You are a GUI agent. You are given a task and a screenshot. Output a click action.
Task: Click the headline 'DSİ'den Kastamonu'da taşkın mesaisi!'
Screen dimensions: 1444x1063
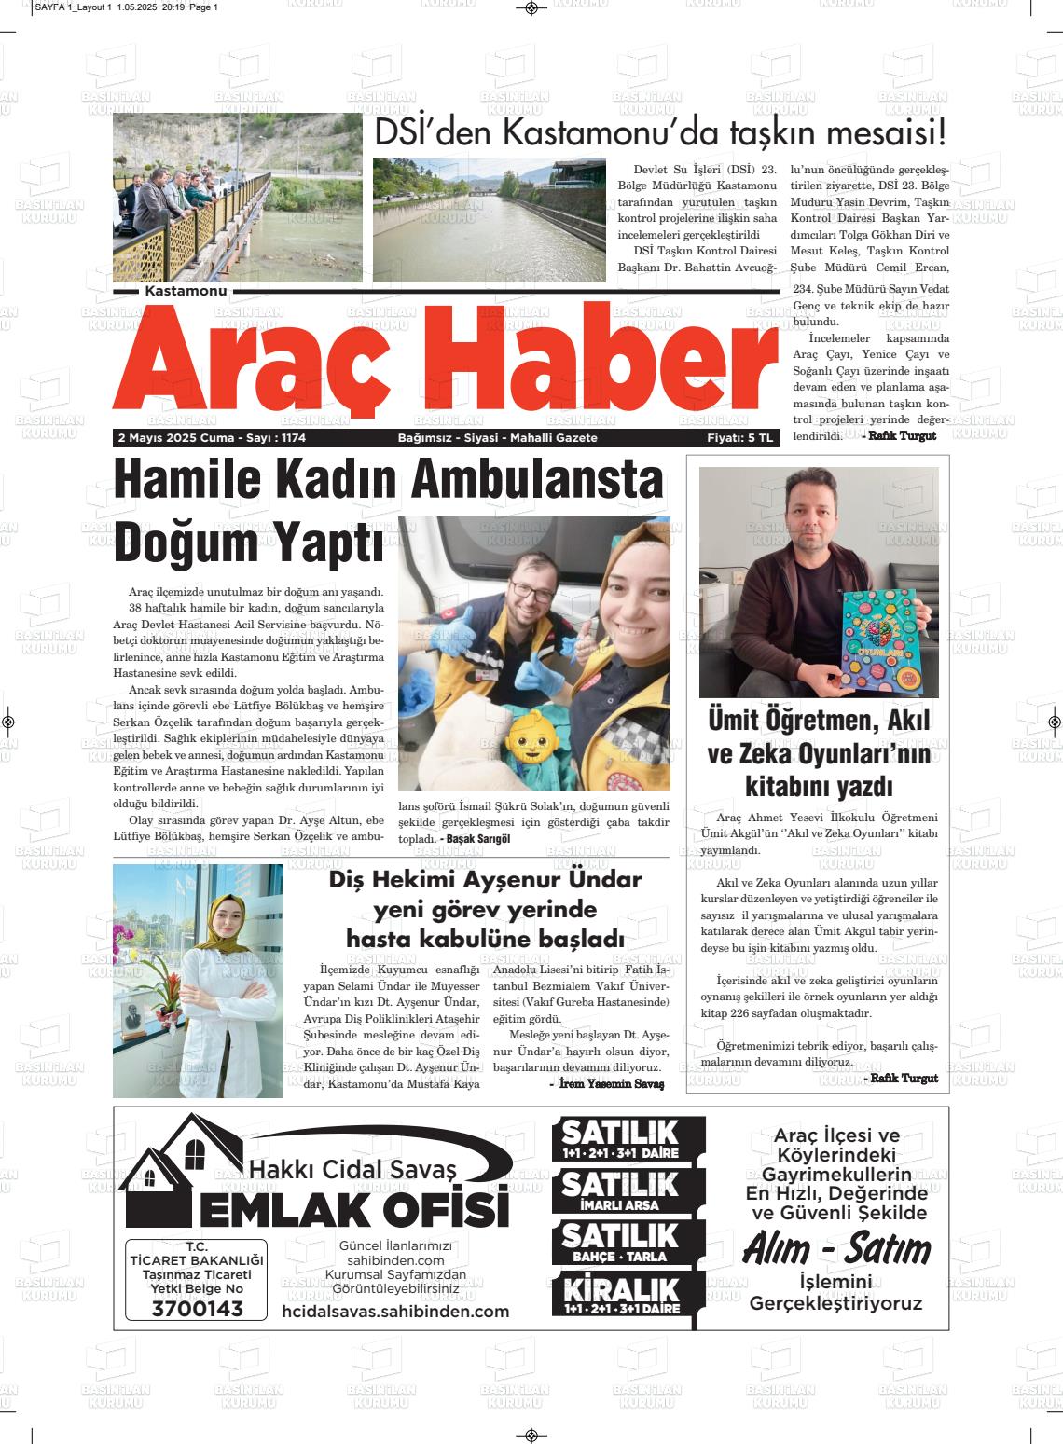659,133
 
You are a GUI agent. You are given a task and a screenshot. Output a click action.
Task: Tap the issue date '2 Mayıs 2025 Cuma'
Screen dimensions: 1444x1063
175,438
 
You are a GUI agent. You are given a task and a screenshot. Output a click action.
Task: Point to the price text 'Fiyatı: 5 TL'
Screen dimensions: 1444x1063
740,438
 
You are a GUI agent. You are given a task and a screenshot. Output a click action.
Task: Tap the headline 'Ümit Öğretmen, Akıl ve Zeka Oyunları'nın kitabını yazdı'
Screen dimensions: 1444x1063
819,752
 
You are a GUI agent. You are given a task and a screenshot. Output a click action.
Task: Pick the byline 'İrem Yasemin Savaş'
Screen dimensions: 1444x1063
612,1084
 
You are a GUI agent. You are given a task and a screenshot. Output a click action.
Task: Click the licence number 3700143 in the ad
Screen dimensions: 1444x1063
197,1308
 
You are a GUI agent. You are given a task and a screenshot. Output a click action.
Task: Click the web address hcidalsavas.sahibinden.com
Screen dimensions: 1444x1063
395,1312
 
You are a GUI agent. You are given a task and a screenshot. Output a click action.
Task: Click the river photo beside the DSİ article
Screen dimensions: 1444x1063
489,220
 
